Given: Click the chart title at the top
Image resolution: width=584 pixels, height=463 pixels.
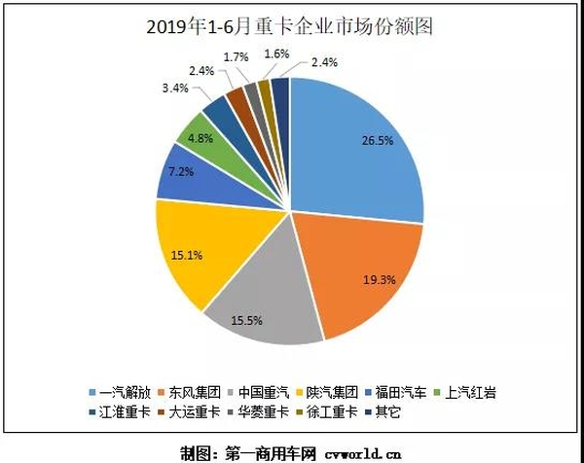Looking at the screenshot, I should click(291, 26).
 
